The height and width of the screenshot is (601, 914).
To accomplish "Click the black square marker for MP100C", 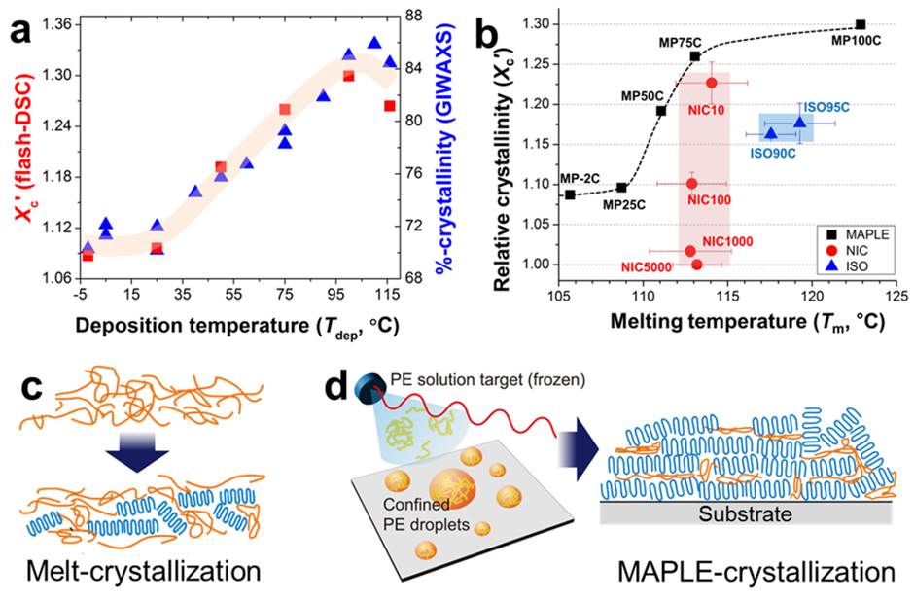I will (x=861, y=24).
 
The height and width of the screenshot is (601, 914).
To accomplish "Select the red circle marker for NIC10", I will (x=712, y=83).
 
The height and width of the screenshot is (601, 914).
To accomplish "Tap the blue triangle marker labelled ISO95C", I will (x=800, y=122).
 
